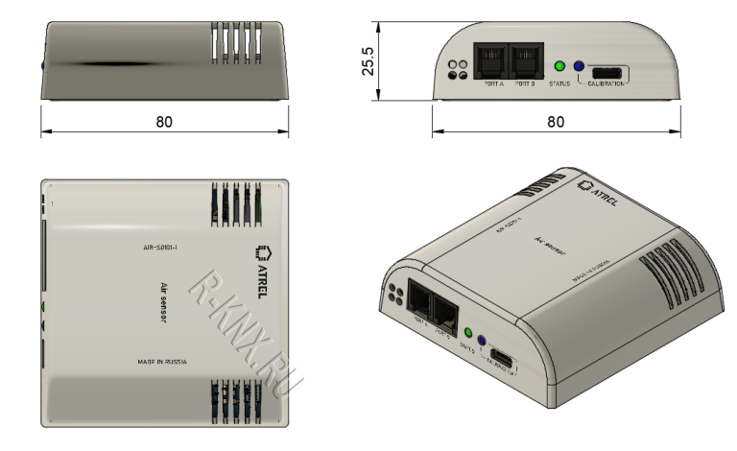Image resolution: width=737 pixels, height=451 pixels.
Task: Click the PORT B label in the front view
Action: [524, 84]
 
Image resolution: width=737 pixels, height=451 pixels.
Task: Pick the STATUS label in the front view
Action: [559, 84]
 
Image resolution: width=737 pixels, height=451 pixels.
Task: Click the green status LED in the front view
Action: [559, 67]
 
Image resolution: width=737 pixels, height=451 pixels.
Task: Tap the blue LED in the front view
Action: [579, 67]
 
